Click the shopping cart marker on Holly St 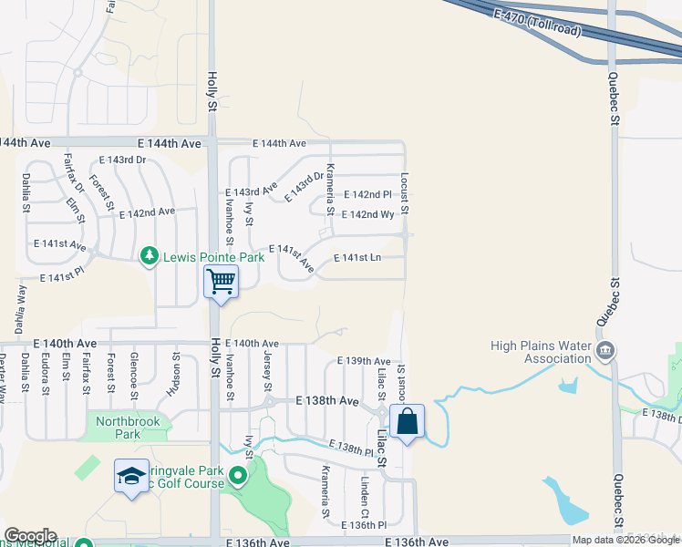pos(221,281)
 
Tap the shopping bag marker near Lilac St pos(407,422)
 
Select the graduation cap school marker pos(131,475)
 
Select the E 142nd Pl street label pos(367,195)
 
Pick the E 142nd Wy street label pos(367,214)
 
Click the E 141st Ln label pos(357,259)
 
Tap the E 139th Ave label pos(363,362)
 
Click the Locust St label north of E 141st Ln pos(404,193)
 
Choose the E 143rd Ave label pos(251,191)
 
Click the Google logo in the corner pos(30,536)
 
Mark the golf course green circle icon pos(238,475)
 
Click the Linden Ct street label pos(364,490)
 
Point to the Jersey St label pos(267,370)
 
